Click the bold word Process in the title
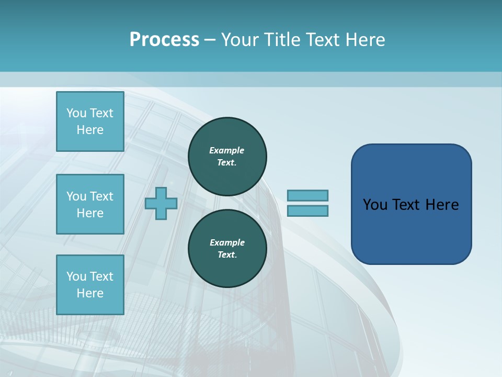pyautogui.click(x=164, y=40)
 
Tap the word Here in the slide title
pyautogui.click(x=364, y=40)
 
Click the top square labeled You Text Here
pyautogui.click(x=90, y=121)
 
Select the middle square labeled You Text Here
pyautogui.click(x=90, y=204)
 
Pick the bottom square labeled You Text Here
pyautogui.click(x=90, y=285)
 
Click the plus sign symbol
pyautogui.click(x=161, y=203)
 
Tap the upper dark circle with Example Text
pyautogui.click(x=227, y=157)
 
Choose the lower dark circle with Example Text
pyautogui.click(x=227, y=249)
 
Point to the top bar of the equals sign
pyautogui.click(x=307, y=195)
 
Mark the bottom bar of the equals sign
pyautogui.click(x=307, y=210)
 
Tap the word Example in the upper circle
pyautogui.click(x=227, y=150)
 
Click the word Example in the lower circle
pyautogui.click(x=227, y=242)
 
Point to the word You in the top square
pyautogui.click(x=76, y=113)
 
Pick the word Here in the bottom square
pyautogui.click(x=90, y=293)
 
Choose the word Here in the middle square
pyautogui.click(x=90, y=213)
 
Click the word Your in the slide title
pyautogui.click(x=239, y=40)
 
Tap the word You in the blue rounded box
pyautogui.click(x=375, y=205)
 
